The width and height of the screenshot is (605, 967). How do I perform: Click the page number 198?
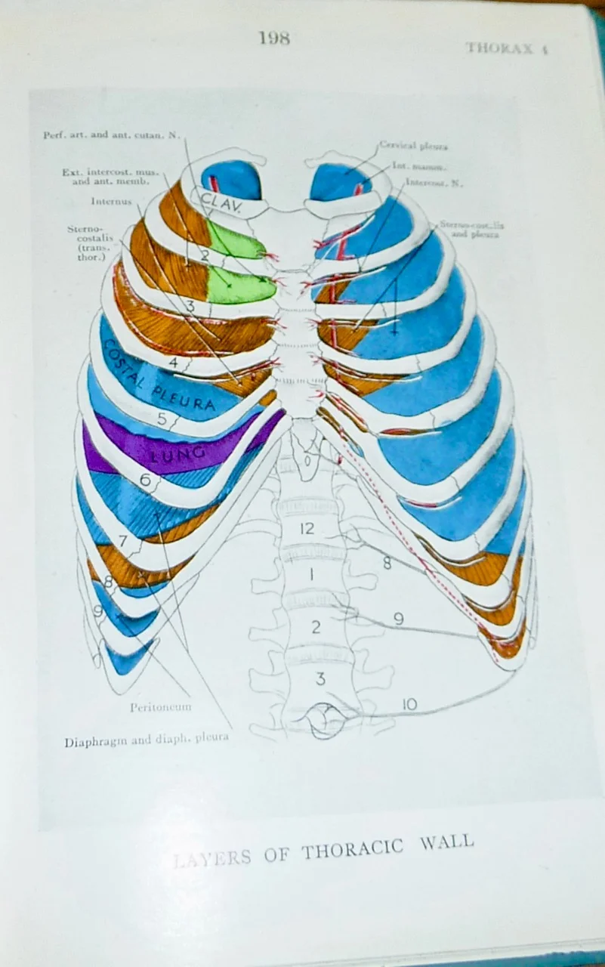pos(274,38)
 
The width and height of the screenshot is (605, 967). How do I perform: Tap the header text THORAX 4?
pos(505,48)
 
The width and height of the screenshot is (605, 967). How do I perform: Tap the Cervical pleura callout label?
pos(413,145)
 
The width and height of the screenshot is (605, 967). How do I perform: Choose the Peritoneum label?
pos(159,708)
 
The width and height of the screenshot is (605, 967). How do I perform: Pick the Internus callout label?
pos(111,202)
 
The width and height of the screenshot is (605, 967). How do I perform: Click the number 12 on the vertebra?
pos(307,529)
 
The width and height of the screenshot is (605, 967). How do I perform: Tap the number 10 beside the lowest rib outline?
pos(409,705)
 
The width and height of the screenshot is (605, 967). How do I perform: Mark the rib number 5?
pos(162,417)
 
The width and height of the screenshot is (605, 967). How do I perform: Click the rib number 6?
pos(145,479)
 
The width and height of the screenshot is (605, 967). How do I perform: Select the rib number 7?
pos(123,542)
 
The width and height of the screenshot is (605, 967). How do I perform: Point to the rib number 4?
pos(173,362)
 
